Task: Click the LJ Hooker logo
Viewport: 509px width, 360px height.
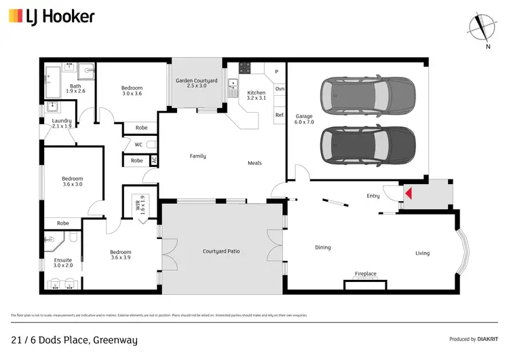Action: pos(52,17)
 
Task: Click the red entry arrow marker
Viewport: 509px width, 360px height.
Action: pos(408,194)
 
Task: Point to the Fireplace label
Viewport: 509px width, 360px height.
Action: pos(365,274)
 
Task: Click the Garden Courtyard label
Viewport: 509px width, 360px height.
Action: pos(196,84)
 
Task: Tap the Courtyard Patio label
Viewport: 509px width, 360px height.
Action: pos(221,251)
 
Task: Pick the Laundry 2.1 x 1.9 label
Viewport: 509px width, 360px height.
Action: pos(57,124)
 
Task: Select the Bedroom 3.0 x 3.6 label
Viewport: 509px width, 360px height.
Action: pos(132,90)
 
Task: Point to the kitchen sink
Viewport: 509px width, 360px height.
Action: pos(233,84)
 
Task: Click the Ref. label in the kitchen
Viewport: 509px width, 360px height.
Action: pos(279,115)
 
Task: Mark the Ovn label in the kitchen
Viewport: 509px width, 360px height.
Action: pos(279,89)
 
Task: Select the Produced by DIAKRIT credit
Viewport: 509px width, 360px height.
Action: pos(474,339)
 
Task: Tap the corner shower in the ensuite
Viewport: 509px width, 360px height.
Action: pos(52,240)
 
